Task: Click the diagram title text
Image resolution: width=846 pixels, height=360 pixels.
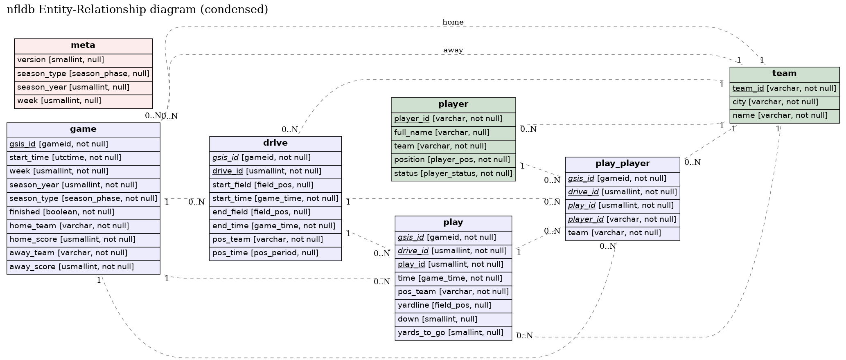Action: tap(137, 9)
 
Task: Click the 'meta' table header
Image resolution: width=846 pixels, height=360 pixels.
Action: tap(83, 45)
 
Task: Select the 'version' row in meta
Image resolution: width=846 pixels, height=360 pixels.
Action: tap(83, 60)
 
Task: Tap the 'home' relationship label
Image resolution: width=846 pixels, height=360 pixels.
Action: tap(453, 22)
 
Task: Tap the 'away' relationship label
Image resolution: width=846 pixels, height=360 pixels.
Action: tap(453, 50)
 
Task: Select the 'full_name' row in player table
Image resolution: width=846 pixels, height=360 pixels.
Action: tap(453, 133)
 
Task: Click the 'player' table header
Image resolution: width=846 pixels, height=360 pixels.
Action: tap(453, 104)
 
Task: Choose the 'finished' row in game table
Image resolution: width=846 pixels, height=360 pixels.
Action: tap(83, 212)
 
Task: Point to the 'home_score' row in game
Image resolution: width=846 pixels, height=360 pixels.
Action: tap(83, 239)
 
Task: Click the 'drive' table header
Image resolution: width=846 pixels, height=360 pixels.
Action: tap(275, 143)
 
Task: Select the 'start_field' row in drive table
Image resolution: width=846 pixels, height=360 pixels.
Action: tap(275, 185)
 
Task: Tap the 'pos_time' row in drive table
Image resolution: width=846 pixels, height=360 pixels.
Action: tap(275, 253)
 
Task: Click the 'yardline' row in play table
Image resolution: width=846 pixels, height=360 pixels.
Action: tap(453, 305)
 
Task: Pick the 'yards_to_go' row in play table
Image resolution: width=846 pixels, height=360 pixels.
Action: tap(453, 333)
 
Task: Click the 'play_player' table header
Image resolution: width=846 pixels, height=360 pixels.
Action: tap(622, 164)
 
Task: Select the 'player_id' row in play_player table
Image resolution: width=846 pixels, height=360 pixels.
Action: tap(622, 220)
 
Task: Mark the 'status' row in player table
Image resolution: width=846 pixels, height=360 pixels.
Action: tap(453, 173)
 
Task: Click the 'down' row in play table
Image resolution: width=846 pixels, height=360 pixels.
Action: tap(453, 319)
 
